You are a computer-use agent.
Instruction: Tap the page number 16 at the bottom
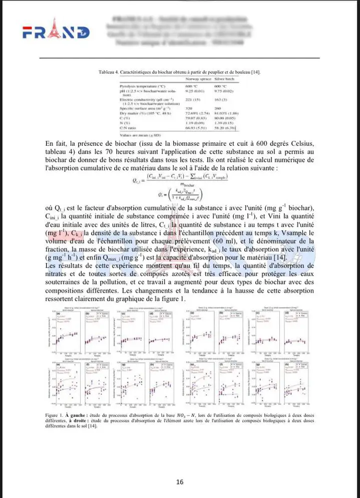(180, 482)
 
